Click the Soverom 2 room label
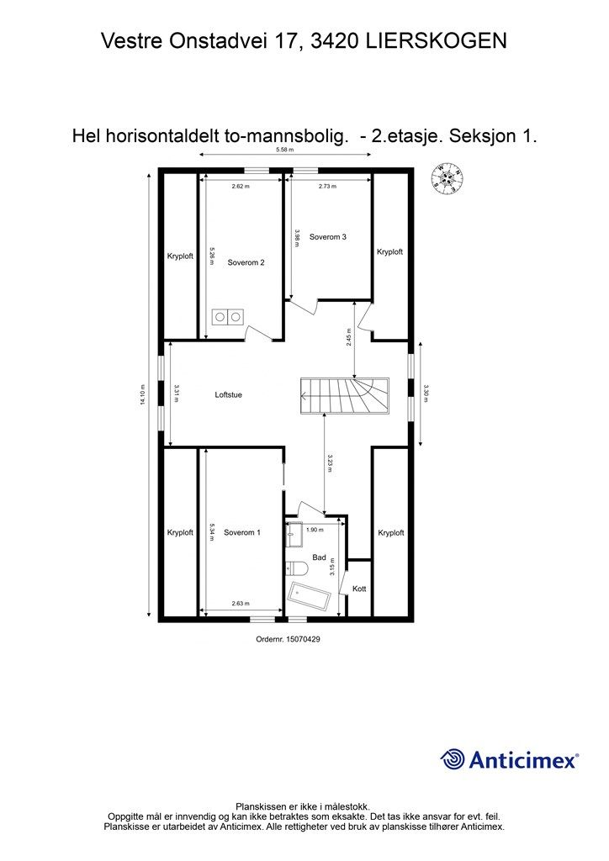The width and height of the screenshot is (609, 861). [x=246, y=262]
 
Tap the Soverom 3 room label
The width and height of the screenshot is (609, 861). [x=328, y=237]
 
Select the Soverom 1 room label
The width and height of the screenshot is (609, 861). [x=242, y=532]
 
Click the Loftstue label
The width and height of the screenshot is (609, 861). [x=228, y=394]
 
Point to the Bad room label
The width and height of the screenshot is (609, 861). [x=319, y=557]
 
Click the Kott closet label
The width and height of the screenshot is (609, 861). [x=359, y=589]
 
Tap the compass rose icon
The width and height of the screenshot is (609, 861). [x=447, y=178]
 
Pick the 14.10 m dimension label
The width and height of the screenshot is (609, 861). [x=143, y=394]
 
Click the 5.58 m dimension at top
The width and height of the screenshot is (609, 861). [x=287, y=151]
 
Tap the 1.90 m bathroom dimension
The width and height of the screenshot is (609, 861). [x=314, y=530]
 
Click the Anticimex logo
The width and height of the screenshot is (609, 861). [x=510, y=760]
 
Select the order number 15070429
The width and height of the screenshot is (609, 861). [x=289, y=639]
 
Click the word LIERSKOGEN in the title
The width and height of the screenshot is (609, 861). [x=437, y=40]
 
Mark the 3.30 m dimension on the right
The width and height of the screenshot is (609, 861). [x=426, y=394]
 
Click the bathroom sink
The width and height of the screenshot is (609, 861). [x=294, y=533]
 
